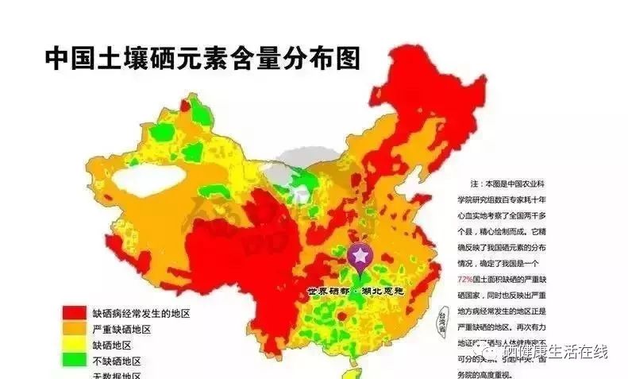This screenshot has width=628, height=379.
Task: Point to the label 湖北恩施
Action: coord(383,292)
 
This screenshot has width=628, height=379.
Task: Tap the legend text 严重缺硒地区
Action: coord(122,329)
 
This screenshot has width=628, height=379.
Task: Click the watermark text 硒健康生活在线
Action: coord(556,350)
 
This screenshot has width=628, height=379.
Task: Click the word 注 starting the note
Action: coord(474,183)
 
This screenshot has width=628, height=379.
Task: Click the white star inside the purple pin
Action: coord(360,255)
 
